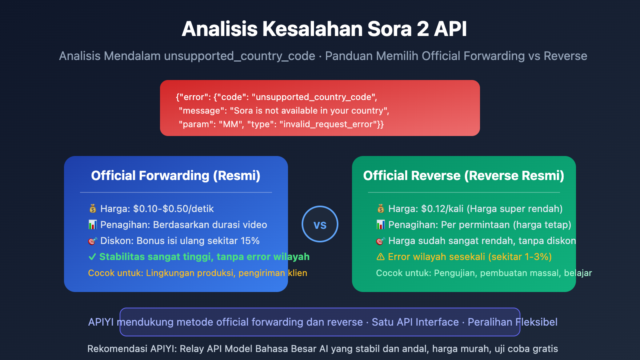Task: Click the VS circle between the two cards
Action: tap(320, 224)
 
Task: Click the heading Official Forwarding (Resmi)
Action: tap(176, 176)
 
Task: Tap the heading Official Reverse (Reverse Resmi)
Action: tap(464, 176)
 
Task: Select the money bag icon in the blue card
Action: tap(92, 208)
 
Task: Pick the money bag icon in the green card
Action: tap(380, 208)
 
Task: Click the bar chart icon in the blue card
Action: tap(92, 224)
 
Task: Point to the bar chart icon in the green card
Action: tap(380, 224)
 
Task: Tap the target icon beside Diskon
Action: tap(92, 241)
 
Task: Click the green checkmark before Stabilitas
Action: tap(92, 256)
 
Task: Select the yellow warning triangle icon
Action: tap(380, 256)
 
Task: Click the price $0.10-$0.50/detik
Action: tap(174, 208)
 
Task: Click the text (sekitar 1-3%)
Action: tap(520, 256)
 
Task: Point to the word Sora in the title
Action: tap(390, 29)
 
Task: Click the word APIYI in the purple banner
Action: tap(101, 322)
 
